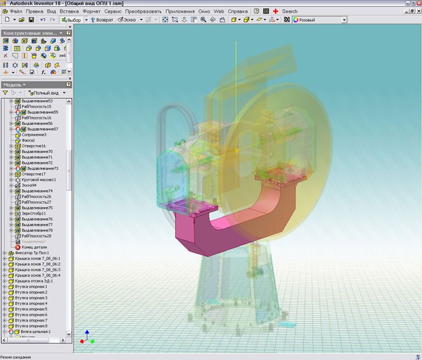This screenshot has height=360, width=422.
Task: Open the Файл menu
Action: pos(16,11)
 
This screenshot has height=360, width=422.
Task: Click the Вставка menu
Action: pos(69,11)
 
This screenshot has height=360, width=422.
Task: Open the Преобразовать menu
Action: pos(143,11)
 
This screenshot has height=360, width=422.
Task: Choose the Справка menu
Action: pos(237,11)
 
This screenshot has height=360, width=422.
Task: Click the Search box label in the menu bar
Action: pos(289,11)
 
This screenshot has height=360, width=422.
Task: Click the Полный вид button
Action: pos(47,93)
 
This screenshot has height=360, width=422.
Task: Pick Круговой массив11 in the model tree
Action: pos(38,180)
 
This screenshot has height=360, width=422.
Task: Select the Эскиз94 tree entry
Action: pos(30,185)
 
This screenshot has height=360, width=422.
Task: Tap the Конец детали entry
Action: pos(34,247)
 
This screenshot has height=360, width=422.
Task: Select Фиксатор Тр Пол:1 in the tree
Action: pos(32,253)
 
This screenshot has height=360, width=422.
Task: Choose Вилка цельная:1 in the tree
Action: pos(34,331)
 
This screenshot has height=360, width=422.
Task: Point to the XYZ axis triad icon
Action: pos(86,337)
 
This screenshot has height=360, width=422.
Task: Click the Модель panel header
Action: pos(13,84)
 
